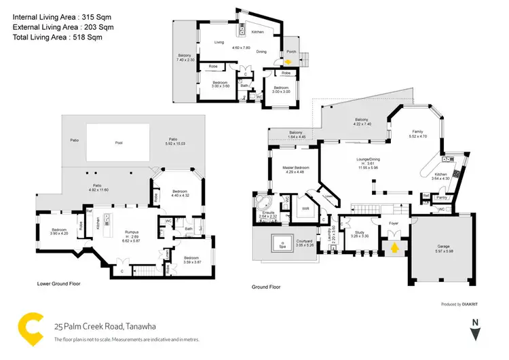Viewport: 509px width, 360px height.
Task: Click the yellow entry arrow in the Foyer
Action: pyautogui.click(x=393, y=249)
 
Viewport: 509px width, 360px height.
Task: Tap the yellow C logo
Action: pyautogui.click(x=29, y=327)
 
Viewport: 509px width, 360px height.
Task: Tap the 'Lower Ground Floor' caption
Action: pyautogui.click(x=58, y=283)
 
